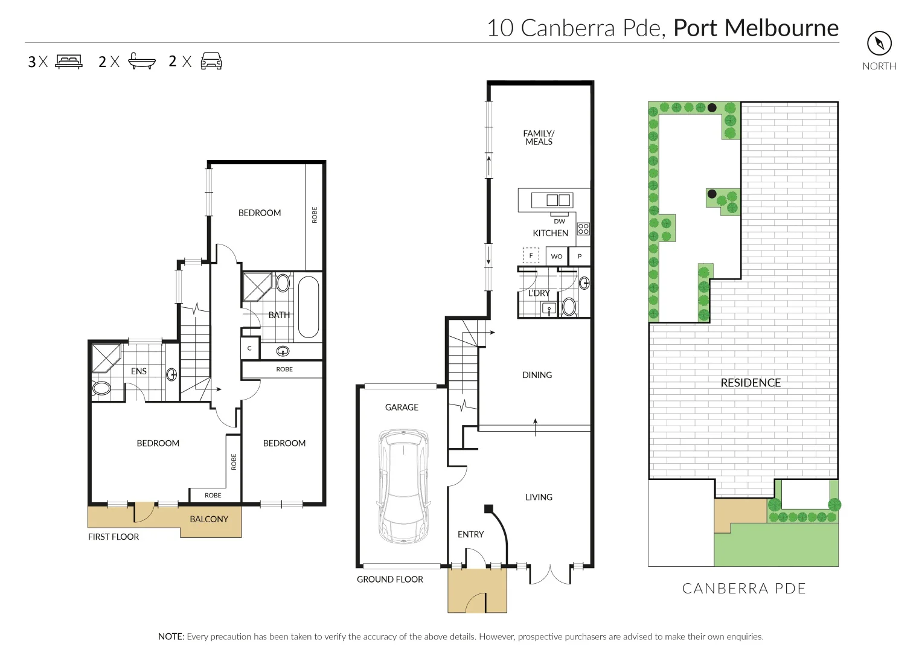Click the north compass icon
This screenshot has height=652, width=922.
pyautogui.click(x=879, y=43)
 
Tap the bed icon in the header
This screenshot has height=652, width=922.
pyautogui.click(x=69, y=62)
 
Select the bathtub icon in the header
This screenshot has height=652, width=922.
pyautogui.click(x=142, y=62)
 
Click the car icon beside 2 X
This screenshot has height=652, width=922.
pyautogui.click(x=211, y=62)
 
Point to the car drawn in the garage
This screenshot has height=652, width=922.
pyautogui.click(x=403, y=485)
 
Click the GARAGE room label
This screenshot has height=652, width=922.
pyautogui.click(x=402, y=407)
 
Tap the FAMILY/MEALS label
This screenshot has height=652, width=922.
pyautogui.click(x=539, y=138)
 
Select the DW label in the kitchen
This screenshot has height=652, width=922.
pyautogui.click(x=559, y=222)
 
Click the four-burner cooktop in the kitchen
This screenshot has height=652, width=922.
pyautogui.click(x=583, y=229)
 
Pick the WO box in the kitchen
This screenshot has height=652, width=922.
pyautogui.click(x=557, y=257)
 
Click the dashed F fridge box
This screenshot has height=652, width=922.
pyautogui.click(x=531, y=255)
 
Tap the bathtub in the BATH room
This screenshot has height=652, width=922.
pyautogui.click(x=308, y=307)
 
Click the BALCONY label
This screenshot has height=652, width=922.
pyautogui.click(x=209, y=519)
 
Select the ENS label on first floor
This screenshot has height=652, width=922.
pyautogui.click(x=139, y=371)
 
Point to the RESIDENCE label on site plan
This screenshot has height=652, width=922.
pyautogui.click(x=751, y=383)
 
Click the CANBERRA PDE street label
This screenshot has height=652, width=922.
pyautogui.click(x=744, y=589)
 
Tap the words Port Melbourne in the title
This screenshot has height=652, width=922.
pyautogui.click(x=756, y=28)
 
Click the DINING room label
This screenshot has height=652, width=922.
pyautogui.click(x=537, y=375)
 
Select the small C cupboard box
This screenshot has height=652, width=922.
pyautogui.click(x=249, y=348)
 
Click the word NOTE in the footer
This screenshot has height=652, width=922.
pyautogui.click(x=171, y=636)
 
